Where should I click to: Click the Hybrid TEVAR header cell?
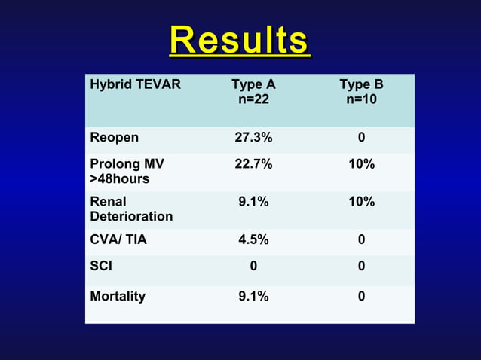click(x=135, y=84)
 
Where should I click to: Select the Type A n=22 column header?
click(x=253, y=92)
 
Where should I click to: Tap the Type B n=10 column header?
click(x=361, y=92)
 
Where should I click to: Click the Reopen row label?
click(x=114, y=138)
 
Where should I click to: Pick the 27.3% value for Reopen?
click(x=253, y=138)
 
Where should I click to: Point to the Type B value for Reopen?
click(x=361, y=138)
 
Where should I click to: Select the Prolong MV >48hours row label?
click(x=127, y=171)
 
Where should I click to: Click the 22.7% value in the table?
click(x=253, y=164)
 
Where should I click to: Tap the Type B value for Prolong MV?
click(x=361, y=164)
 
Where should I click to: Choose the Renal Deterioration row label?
click(x=130, y=209)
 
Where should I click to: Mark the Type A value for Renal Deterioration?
click(x=253, y=202)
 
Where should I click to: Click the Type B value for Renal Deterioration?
click(x=361, y=202)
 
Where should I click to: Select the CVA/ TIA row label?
click(x=118, y=240)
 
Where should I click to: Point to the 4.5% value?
click(x=253, y=240)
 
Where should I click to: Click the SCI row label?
click(x=101, y=266)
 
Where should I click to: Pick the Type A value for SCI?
click(x=253, y=266)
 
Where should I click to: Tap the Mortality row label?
click(x=118, y=296)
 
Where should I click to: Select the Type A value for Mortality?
click(x=253, y=296)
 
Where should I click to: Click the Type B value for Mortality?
click(x=361, y=296)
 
